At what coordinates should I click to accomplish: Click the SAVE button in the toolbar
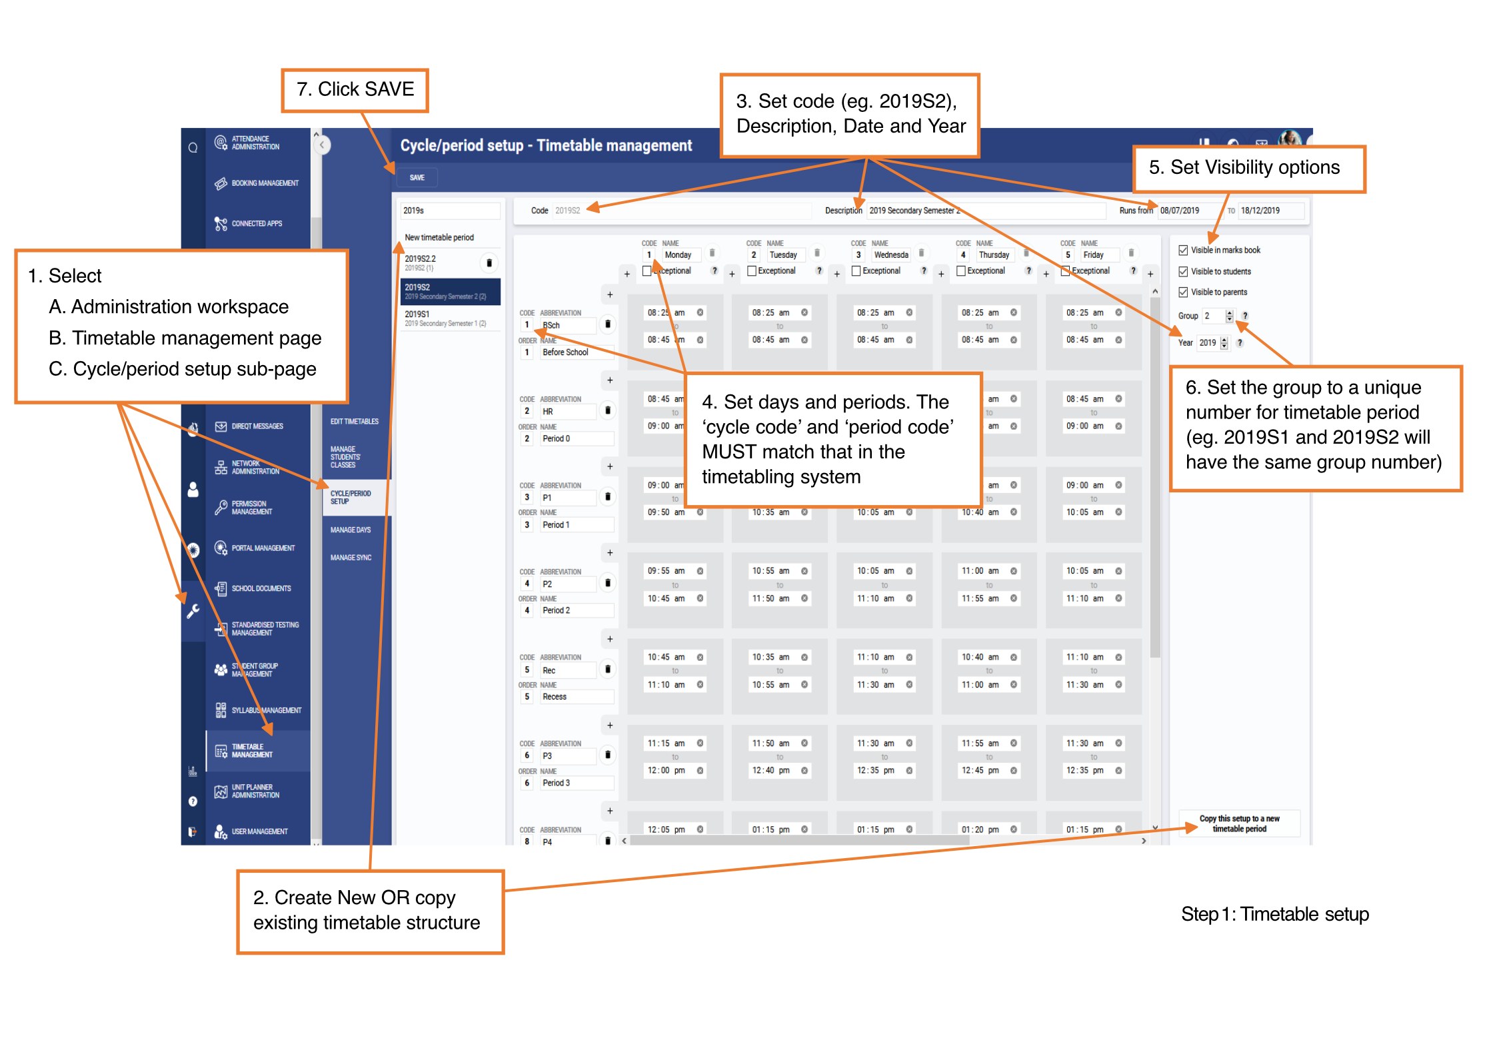coord(417,177)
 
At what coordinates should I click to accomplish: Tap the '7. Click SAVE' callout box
coord(355,90)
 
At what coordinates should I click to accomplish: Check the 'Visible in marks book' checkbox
coord(1183,251)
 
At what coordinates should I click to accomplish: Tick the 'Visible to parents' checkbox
coord(1183,292)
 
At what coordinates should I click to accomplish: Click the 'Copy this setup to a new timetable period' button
coord(1239,823)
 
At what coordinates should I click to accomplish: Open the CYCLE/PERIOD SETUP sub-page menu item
coord(351,498)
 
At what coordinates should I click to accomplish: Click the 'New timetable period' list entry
coord(439,238)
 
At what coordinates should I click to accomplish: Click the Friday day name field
coord(1098,255)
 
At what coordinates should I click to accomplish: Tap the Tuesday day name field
coord(784,255)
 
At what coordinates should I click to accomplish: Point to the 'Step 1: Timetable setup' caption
coord(1274,914)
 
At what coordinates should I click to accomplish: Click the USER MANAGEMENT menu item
coord(259,831)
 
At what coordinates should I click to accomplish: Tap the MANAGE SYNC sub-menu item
coord(351,558)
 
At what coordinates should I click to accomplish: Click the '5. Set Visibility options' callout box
coord(1248,169)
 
